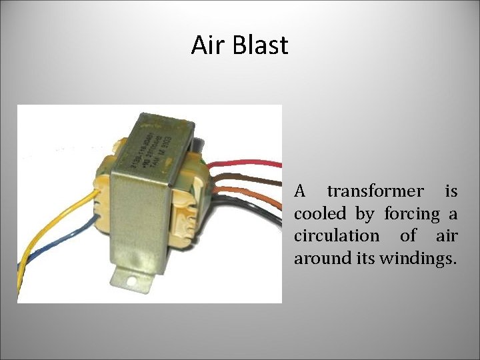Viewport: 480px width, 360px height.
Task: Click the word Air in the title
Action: coord(206,45)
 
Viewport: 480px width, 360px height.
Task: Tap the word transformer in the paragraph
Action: coord(375,192)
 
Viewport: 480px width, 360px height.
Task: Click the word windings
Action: coord(418,259)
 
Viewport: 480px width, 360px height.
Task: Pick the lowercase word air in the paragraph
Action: coord(446,236)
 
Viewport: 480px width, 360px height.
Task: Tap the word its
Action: coord(364,258)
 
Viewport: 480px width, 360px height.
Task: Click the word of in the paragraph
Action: coord(408,236)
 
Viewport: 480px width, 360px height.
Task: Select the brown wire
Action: coord(257,178)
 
